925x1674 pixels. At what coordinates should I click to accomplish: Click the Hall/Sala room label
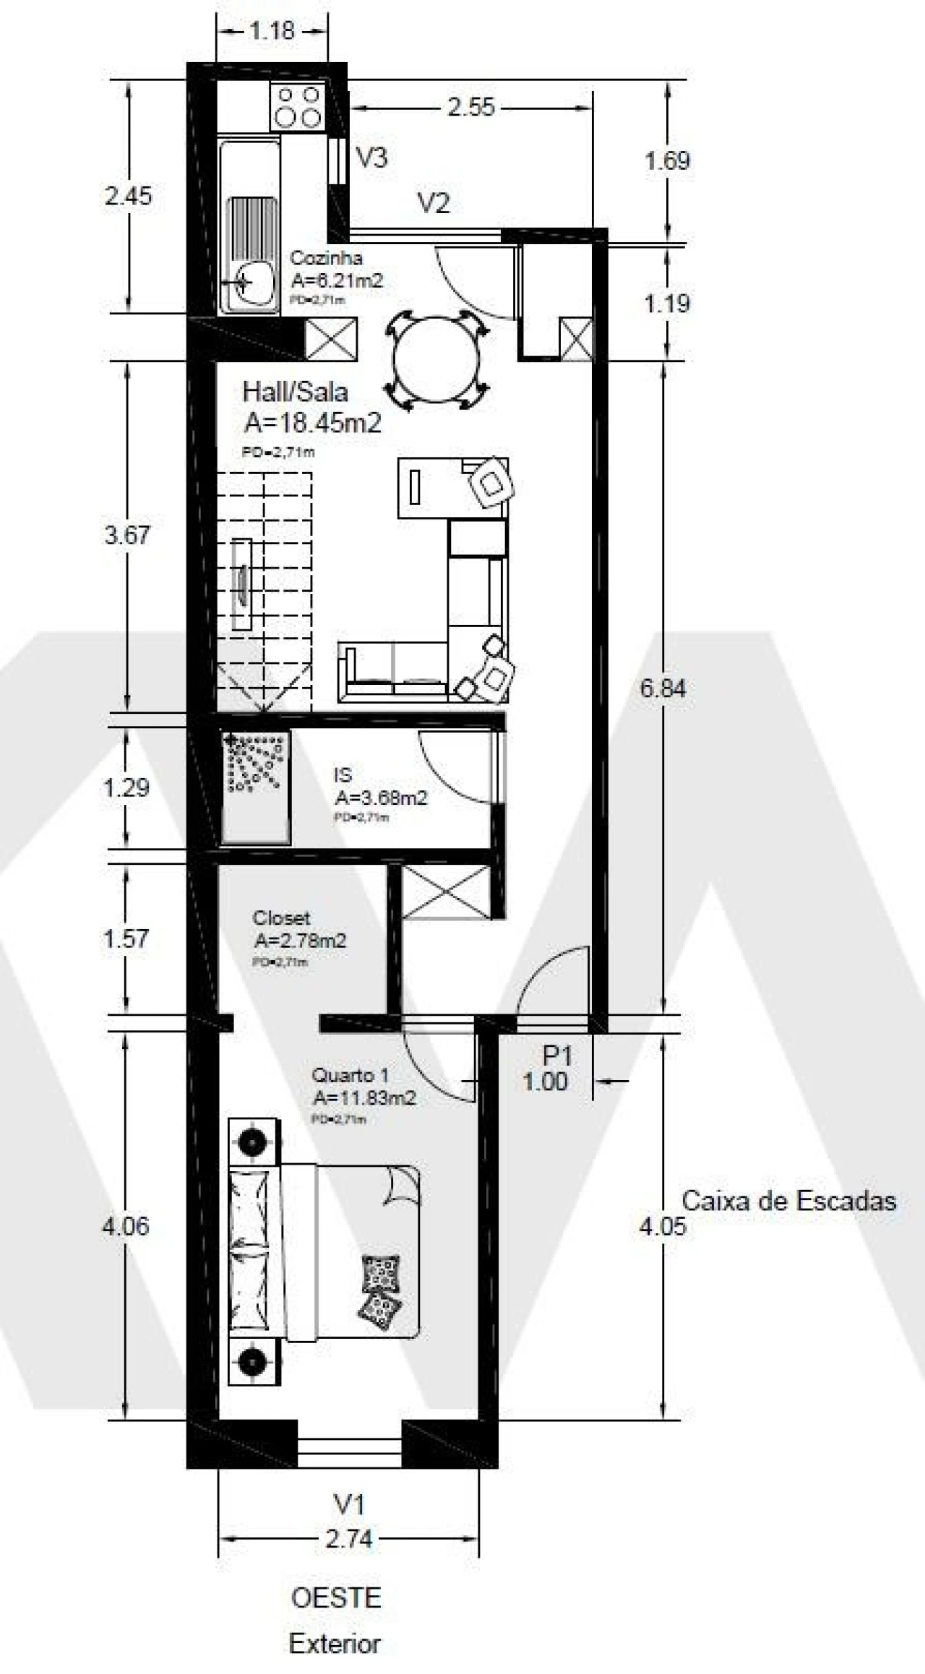pos(295,392)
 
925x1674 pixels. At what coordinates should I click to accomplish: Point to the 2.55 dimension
pos(471,107)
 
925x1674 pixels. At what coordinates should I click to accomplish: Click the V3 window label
pos(373,158)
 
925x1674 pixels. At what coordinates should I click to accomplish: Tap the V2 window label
pos(434,204)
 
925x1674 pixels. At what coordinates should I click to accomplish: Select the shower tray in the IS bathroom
pos(255,785)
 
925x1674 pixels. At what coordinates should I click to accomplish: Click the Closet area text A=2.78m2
pos(300,941)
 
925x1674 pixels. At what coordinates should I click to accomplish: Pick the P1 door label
pos(557,1056)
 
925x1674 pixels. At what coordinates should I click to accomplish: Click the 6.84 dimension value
pos(663,688)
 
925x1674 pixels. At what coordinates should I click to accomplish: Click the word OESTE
pos(336,1597)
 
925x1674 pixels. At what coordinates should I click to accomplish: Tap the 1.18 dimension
pos(272,31)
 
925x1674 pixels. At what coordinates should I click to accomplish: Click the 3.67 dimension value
pos(127,535)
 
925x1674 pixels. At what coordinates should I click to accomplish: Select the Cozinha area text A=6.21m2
pos(337,280)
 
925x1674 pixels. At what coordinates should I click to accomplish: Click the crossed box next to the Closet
pos(445,892)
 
